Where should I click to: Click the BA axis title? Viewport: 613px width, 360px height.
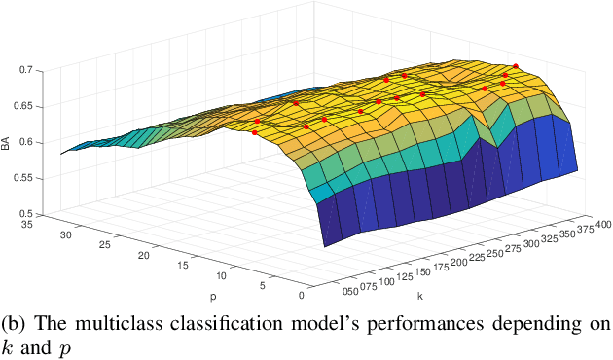tap(6, 143)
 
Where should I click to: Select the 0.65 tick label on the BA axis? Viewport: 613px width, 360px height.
tap(33, 106)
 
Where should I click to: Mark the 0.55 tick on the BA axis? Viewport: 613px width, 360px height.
tap(33, 178)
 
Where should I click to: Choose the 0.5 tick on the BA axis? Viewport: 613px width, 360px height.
tap(36, 213)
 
